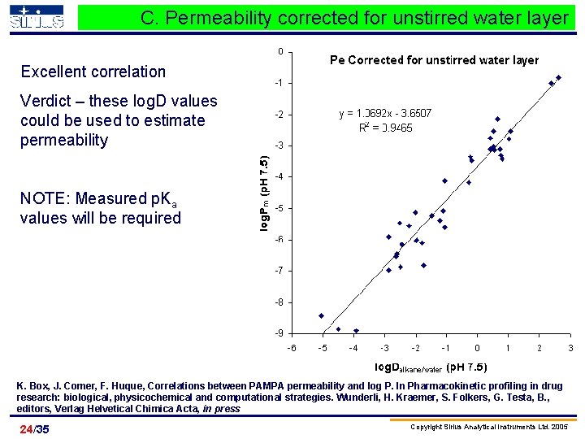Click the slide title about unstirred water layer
[x=354, y=18]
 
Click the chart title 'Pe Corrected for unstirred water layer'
[x=433, y=60]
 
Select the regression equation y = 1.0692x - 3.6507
[x=385, y=114]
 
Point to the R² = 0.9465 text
[x=385, y=128]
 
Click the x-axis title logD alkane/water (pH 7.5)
[x=431, y=366]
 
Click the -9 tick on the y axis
[x=279, y=333]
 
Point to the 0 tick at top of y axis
[x=280, y=52]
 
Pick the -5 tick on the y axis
[x=279, y=208]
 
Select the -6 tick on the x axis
[x=292, y=348]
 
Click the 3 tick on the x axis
[x=570, y=348]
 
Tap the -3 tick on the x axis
[x=384, y=348]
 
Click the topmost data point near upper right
[x=558, y=78]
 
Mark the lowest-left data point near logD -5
[x=322, y=315]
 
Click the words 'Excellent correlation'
[x=93, y=72]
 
